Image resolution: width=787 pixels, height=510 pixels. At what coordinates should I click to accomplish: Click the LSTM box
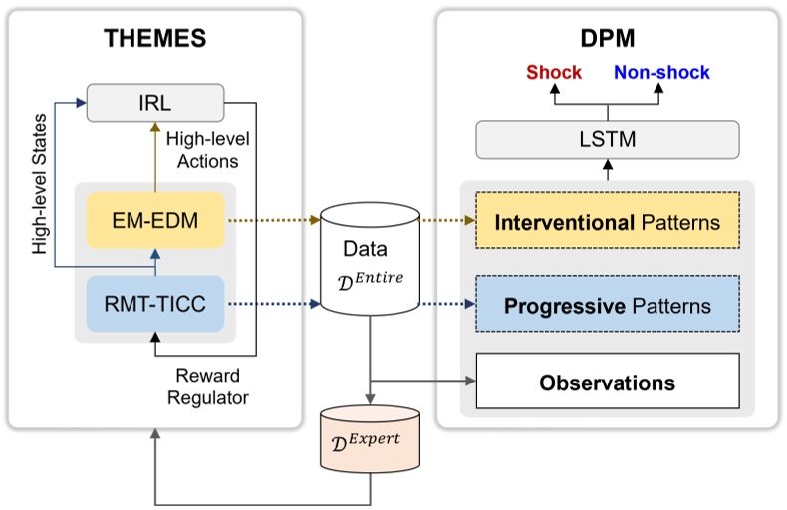(x=607, y=139)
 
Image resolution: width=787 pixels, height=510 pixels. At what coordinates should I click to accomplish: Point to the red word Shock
(x=554, y=73)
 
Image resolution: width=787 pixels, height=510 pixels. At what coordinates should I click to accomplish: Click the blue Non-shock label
(x=661, y=73)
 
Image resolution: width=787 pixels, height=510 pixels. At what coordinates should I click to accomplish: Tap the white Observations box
(x=607, y=382)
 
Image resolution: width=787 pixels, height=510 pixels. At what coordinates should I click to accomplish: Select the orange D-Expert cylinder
(x=371, y=436)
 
